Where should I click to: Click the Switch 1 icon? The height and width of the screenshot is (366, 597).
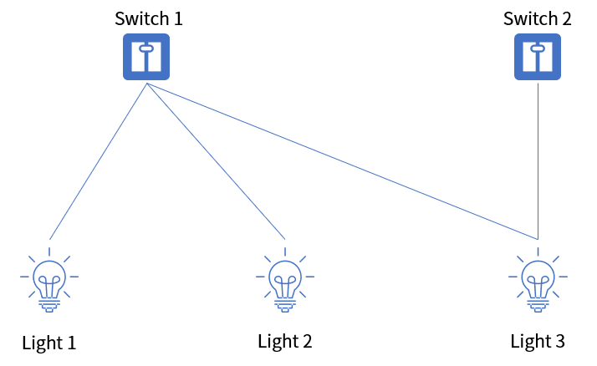(x=146, y=57)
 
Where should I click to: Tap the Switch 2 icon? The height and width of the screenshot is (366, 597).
(x=538, y=57)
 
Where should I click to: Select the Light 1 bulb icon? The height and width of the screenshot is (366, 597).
(x=49, y=280)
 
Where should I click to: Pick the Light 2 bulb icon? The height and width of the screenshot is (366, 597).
(x=285, y=280)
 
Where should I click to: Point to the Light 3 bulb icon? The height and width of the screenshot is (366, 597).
(x=538, y=280)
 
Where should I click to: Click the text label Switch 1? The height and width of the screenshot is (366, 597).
(x=149, y=18)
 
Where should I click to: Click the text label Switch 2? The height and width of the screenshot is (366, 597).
(x=538, y=18)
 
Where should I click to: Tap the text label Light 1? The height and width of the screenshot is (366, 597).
(x=49, y=343)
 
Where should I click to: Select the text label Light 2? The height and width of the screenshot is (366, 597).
(x=285, y=341)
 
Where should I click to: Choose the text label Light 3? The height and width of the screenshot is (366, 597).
(x=538, y=341)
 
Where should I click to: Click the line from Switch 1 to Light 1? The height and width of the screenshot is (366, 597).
(x=98, y=161)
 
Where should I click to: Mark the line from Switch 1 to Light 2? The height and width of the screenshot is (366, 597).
(x=216, y=161)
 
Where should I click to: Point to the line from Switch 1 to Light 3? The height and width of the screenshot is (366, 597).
(x=342, y=161)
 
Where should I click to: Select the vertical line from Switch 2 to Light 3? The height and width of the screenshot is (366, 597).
(x=538, y=161)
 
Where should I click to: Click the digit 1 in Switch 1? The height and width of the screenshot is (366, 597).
(x=178, y=19)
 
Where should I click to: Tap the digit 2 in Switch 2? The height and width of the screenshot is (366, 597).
(x=567, y=19)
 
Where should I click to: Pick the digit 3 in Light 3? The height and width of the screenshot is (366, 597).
(x=560, y=341)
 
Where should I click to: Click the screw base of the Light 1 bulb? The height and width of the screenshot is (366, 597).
(x=49, y=306)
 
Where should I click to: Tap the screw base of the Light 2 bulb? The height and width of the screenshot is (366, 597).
(x=285, y=306)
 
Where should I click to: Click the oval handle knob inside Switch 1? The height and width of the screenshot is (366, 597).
(x=146, y=48)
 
